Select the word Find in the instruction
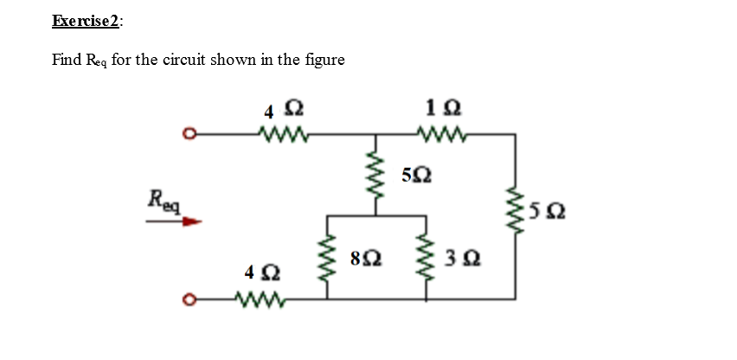click(67, 60)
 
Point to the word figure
click(324, 60)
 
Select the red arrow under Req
click(173, 222)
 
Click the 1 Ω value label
click(442, 109)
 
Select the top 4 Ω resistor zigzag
click(283, 134)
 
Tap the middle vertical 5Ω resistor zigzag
click(375, 176)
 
